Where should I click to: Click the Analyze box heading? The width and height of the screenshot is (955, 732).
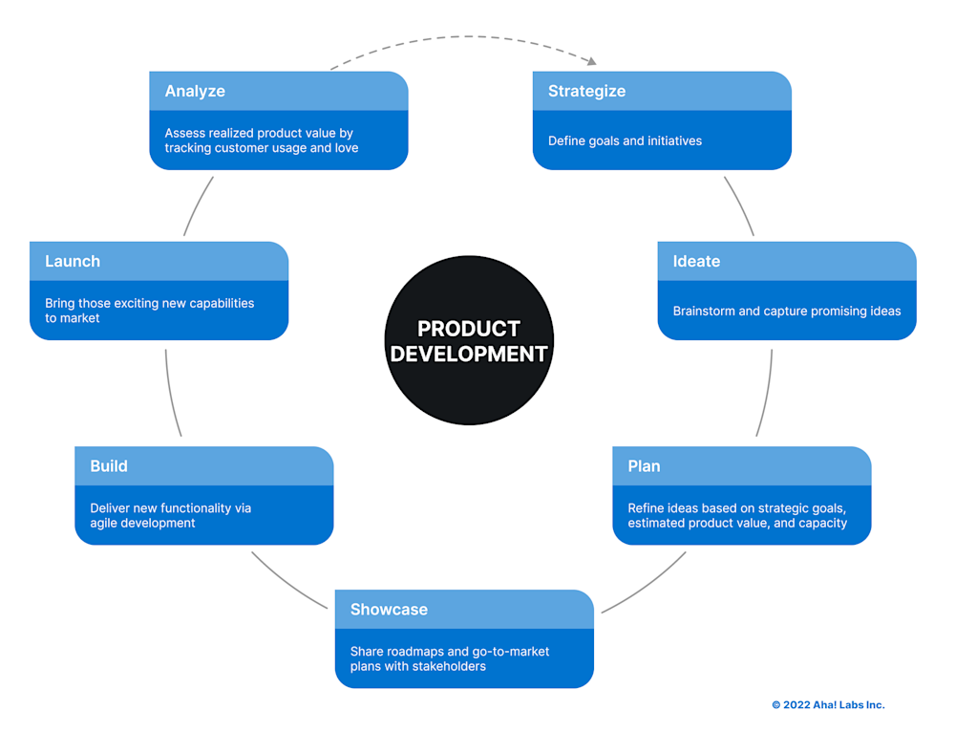point(195,91)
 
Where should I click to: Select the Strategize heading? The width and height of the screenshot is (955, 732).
point(586,91)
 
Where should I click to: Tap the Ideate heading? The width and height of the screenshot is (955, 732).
point(696,261)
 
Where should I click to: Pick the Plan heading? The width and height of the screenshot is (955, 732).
point(644,466)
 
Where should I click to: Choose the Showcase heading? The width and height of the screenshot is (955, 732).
point(389,610)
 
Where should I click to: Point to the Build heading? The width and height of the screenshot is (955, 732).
point(109,466)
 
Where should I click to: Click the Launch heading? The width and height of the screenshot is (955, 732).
point(73,261)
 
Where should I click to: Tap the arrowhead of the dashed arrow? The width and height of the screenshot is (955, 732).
point(592,62)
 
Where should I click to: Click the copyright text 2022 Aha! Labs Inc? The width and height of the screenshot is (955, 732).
point(828,705)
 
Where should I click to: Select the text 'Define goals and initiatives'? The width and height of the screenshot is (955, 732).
point(625,141)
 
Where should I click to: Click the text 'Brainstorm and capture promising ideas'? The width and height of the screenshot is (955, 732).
point(786,312)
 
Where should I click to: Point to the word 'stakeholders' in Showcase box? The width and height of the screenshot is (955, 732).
point(449,666)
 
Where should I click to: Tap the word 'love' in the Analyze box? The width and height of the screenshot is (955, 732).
point(347,148)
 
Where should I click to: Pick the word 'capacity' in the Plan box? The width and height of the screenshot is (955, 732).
point(822,524)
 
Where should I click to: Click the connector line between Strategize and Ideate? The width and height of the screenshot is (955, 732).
point(738,205)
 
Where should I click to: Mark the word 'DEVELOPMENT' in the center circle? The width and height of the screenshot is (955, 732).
point(469,354)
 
